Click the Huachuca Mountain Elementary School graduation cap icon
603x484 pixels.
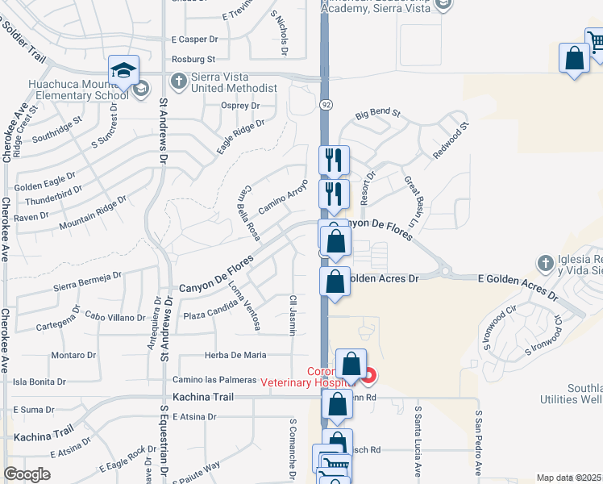[123, 69]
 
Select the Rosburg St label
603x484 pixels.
[193, 59]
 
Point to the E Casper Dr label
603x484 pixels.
[195, 39]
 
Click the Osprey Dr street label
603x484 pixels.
[240, 106]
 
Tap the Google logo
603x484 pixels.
[27, 474]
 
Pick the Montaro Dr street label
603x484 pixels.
[73, 355]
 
